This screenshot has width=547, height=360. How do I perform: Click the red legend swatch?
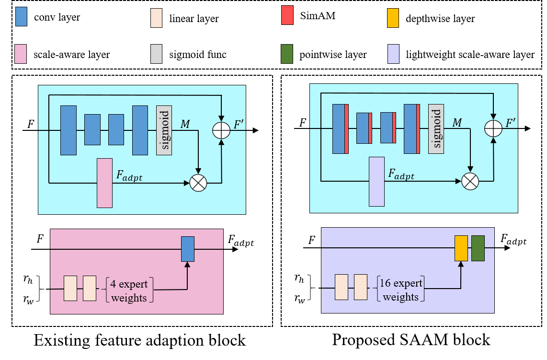287,15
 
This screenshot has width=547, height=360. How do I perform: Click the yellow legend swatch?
393,18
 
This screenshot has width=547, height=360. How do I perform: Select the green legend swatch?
287,54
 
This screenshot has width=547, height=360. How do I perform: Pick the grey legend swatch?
156,54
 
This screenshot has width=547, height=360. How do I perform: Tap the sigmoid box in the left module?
164,130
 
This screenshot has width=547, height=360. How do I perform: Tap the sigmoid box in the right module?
436,129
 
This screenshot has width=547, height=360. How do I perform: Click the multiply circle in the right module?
470,181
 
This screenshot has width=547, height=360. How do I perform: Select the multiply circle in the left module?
198,183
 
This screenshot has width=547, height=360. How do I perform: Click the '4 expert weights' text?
129,290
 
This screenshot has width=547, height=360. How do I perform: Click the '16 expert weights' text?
401,290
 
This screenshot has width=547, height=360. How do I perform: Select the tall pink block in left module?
104,183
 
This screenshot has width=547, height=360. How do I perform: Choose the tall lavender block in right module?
376,181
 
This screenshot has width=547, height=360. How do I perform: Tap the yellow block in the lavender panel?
461,248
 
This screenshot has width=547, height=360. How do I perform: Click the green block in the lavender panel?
478,248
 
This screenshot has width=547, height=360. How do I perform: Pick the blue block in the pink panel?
188,249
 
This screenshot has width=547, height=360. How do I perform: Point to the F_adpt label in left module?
129,175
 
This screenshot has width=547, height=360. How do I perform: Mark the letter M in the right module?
457,123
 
